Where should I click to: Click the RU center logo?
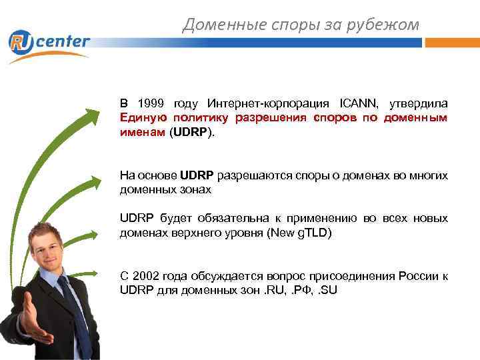click(48, 43)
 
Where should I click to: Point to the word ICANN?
click(359, 104)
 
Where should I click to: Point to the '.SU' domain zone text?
click(327, 290)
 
